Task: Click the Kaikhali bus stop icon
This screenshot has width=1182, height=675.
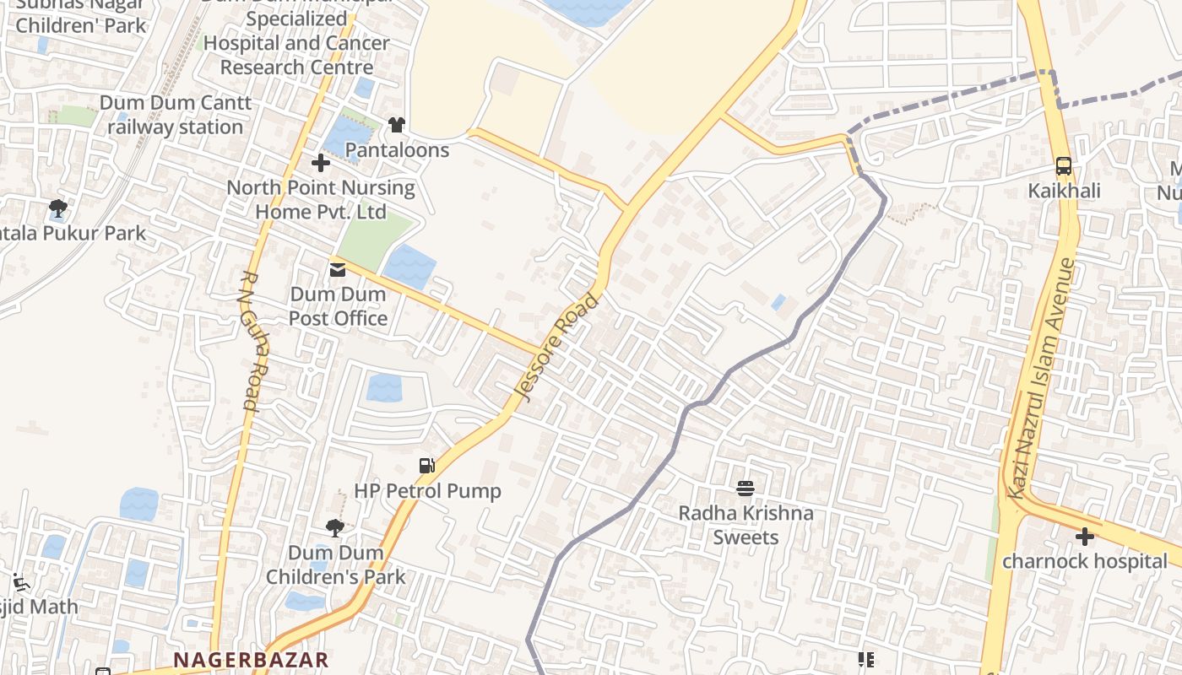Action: [x=1064, y=166]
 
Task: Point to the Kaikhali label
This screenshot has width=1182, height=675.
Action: [x=1064, y=191]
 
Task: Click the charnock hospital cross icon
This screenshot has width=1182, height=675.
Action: [x=1085, y=536]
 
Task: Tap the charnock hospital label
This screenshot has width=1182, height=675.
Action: [x=1085, y=561]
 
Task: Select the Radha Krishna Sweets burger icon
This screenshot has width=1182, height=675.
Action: [x=745, y=488]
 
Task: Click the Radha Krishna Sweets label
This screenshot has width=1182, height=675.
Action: [x=746, y=525]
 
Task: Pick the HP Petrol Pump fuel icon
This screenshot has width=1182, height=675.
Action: [x=427, y=466]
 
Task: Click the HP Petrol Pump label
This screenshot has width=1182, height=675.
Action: [x=427, y=491]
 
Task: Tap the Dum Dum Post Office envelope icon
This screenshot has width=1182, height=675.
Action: [x=338, y=270]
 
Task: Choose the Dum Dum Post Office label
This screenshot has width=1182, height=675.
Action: [x=338, y=306]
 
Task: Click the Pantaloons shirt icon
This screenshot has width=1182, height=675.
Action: [x=397, y=125]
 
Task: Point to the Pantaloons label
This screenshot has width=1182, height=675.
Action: [x=397, y=150]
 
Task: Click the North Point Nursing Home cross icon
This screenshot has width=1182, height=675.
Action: [x=321, y=162]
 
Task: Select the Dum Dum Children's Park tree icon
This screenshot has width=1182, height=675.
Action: [x=335, y=528]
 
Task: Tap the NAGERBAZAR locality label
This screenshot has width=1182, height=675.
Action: [x=251, y=660]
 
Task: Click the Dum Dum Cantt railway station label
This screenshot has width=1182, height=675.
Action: [x=176, y=115]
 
